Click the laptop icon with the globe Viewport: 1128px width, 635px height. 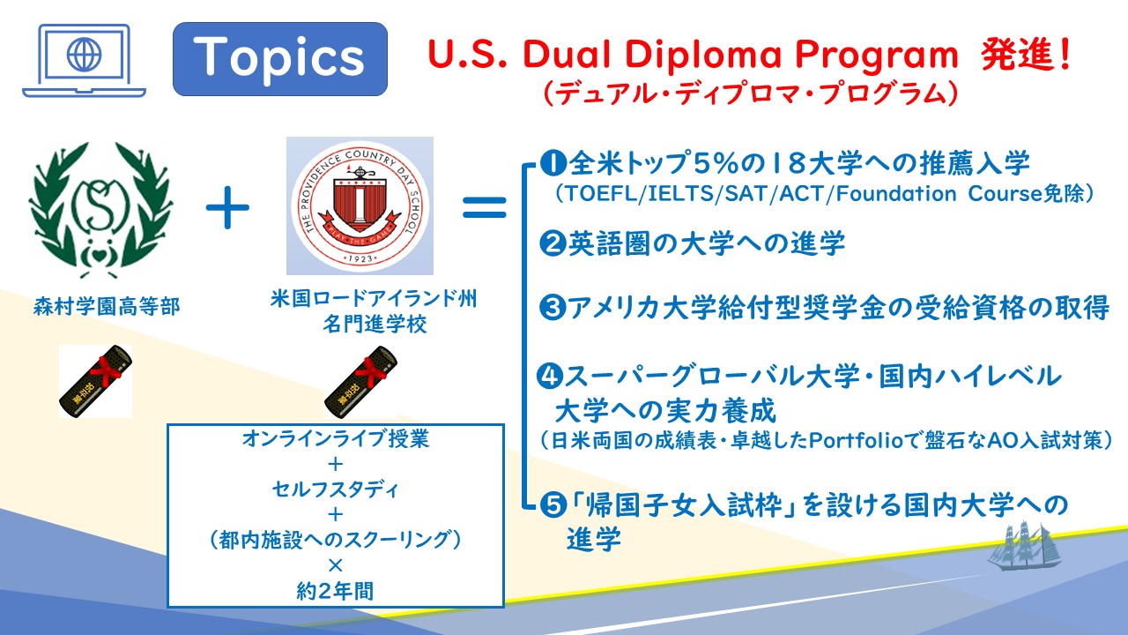pyautogui.click(x=84, y=61)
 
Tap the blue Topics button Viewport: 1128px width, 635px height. pyautogui.click(x=280, y=59)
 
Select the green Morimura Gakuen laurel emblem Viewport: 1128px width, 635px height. pyautogui.click(x=101, y=210)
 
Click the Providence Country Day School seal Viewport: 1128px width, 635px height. pyautogui.click(x=360, y=206)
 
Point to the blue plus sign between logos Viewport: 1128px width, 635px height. pyautogui.click(x=227, y=207)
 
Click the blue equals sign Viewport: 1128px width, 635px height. pyautogui.click(x=485, y=207)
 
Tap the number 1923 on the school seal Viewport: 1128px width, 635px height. pyautogui.click(x=360, y=258)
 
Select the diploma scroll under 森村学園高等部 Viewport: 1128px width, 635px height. pyautogui.click(x=96, y=382)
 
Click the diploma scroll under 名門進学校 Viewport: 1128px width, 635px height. pyautogui.click(x=360, y=382)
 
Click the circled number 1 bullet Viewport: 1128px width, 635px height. pyautogui.click(x=553, y=163)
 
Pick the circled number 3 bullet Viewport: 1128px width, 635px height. pyautogui.click(x=553, y=307)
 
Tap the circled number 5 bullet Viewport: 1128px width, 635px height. pyautogui.click(x=553, y=504)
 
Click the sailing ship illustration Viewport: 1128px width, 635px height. pyautogui.click(x=1024, y=546)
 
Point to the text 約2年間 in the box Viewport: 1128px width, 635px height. pyautogui.click(x=336, y=591)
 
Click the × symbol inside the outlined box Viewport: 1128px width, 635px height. pyautogui.click(x=336, y=565)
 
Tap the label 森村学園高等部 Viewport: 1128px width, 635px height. pyautogui.click(x=107, y=306)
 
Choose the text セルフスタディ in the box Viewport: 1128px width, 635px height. pyautogui.click(x=336, y=489)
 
